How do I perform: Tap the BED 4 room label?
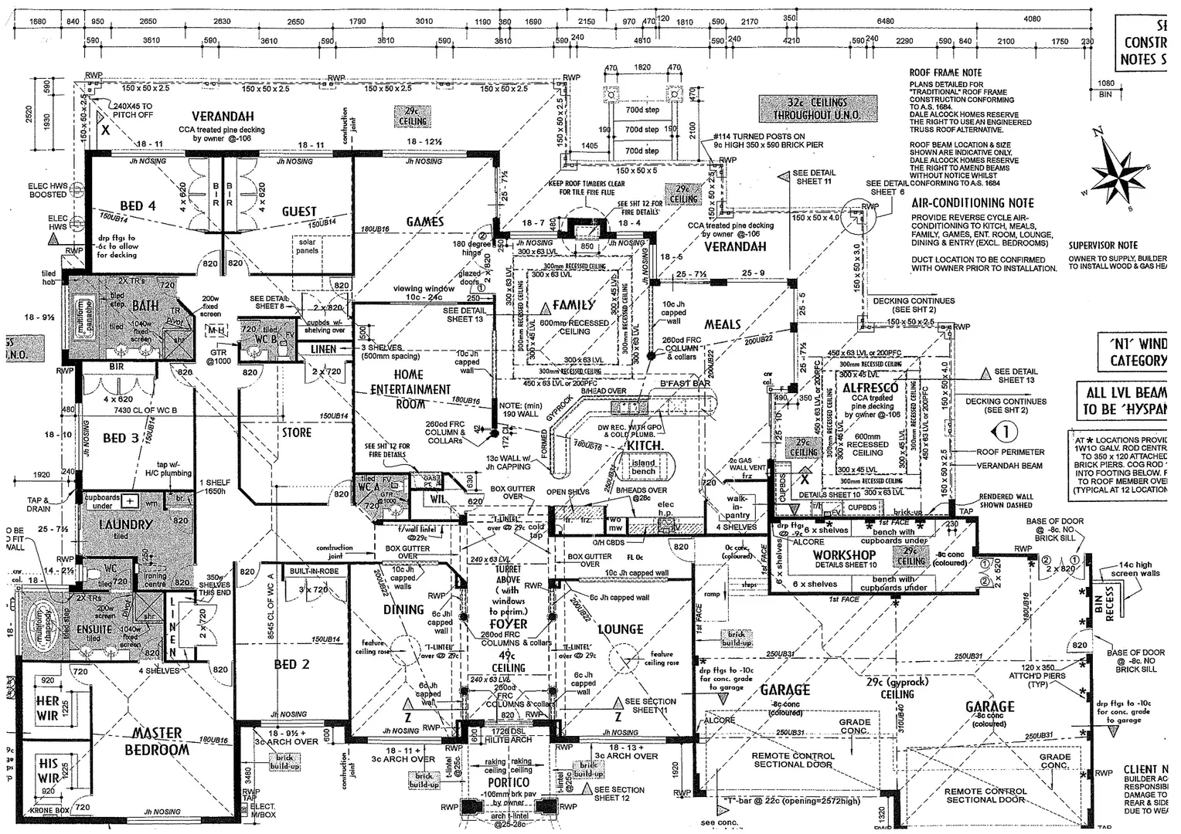[138, 205]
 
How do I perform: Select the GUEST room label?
[299, 211]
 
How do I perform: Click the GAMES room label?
[425, 222]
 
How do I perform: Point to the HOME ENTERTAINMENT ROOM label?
[410, 388]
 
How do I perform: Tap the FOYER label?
[509, 623]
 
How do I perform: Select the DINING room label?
[403, 609]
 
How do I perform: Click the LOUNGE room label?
[621, 629]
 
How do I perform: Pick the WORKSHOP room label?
[845, 554]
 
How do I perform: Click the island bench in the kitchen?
[643, 466]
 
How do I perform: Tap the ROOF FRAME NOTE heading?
[945, 73]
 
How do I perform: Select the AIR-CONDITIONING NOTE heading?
[972, 203]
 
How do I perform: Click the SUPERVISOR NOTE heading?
[1103, 246]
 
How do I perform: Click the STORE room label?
[296, 432]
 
